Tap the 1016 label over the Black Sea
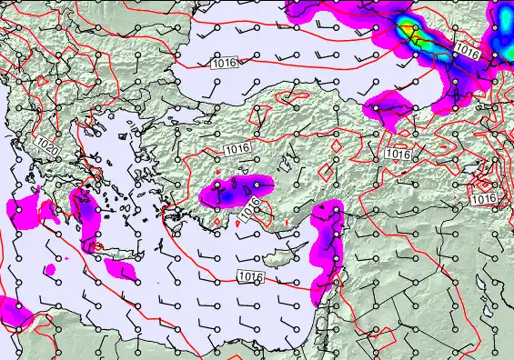pyautogui.click(x=223, y=64)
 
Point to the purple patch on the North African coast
pyautogui.click(x=13, y=310)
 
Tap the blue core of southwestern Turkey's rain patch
pyautogui.click(x=226, y=194)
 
